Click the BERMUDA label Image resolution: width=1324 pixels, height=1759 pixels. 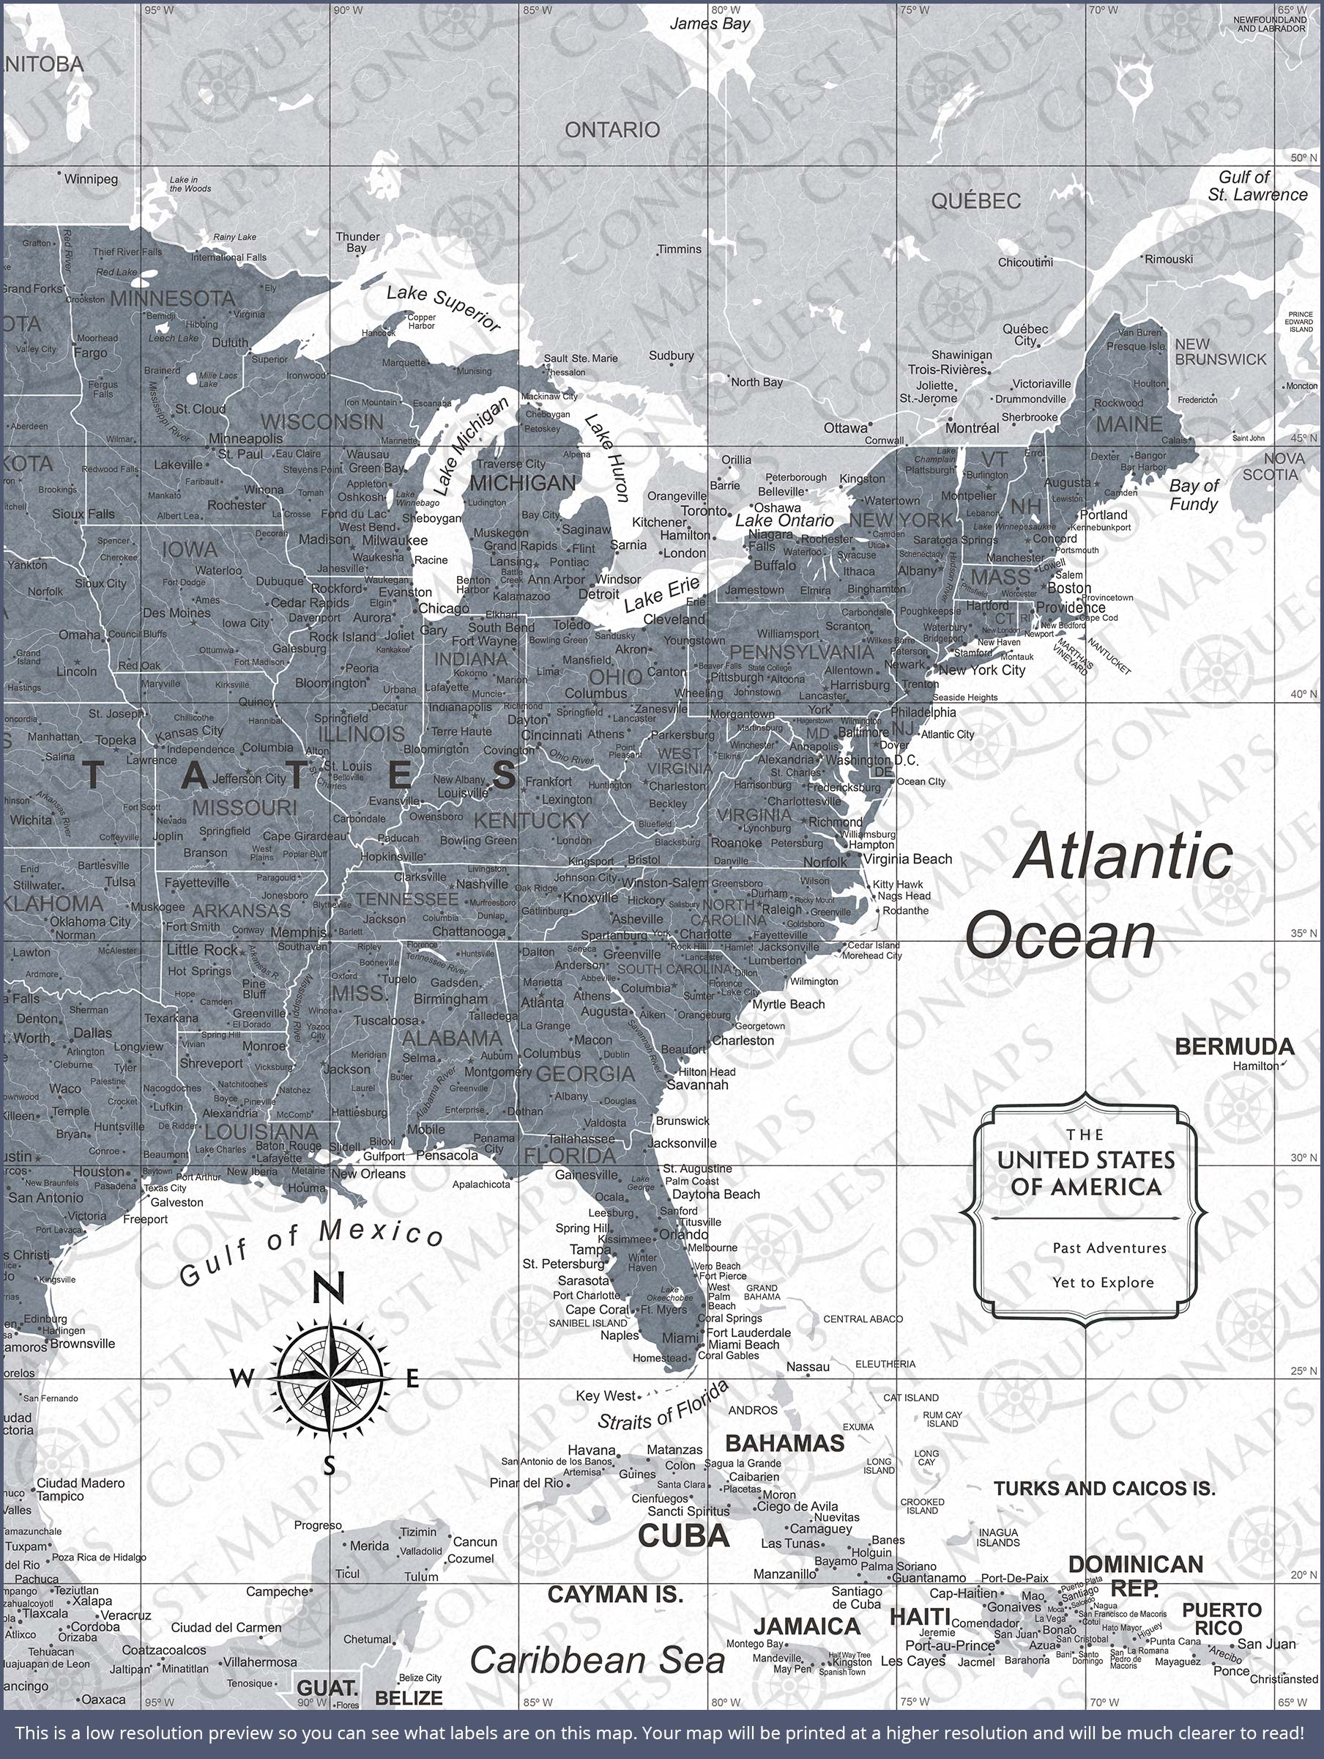1233,1047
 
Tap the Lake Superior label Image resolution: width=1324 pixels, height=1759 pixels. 444,308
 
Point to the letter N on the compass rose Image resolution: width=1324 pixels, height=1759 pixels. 327,1288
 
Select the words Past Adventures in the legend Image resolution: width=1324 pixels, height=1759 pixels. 1109,1247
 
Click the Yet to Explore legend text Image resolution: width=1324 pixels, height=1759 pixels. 1103,1282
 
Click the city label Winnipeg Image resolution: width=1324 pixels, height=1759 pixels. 91,179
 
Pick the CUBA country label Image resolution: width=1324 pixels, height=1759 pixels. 683,1535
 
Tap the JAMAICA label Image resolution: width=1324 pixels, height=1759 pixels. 807,1626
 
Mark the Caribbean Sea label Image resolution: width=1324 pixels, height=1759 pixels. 597,1660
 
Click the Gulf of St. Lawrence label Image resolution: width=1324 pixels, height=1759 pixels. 1257,186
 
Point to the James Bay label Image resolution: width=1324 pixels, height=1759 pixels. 710,24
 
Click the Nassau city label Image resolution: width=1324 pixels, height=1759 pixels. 808,1366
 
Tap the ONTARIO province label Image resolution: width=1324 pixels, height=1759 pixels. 612,130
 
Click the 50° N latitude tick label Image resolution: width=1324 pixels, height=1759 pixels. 1303,158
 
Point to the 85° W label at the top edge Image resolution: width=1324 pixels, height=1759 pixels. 537,10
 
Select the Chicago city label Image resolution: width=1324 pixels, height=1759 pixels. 444,608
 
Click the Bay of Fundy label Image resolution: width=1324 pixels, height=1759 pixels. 1193,495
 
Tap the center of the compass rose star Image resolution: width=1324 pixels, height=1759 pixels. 328,1377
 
